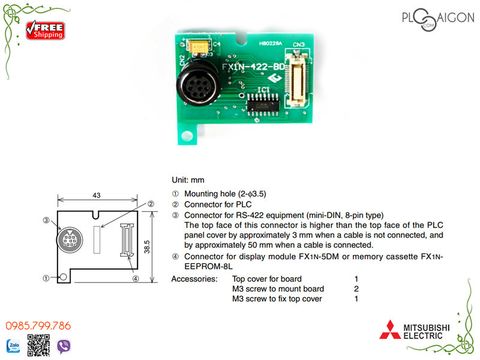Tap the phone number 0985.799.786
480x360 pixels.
tap(42, 326)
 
